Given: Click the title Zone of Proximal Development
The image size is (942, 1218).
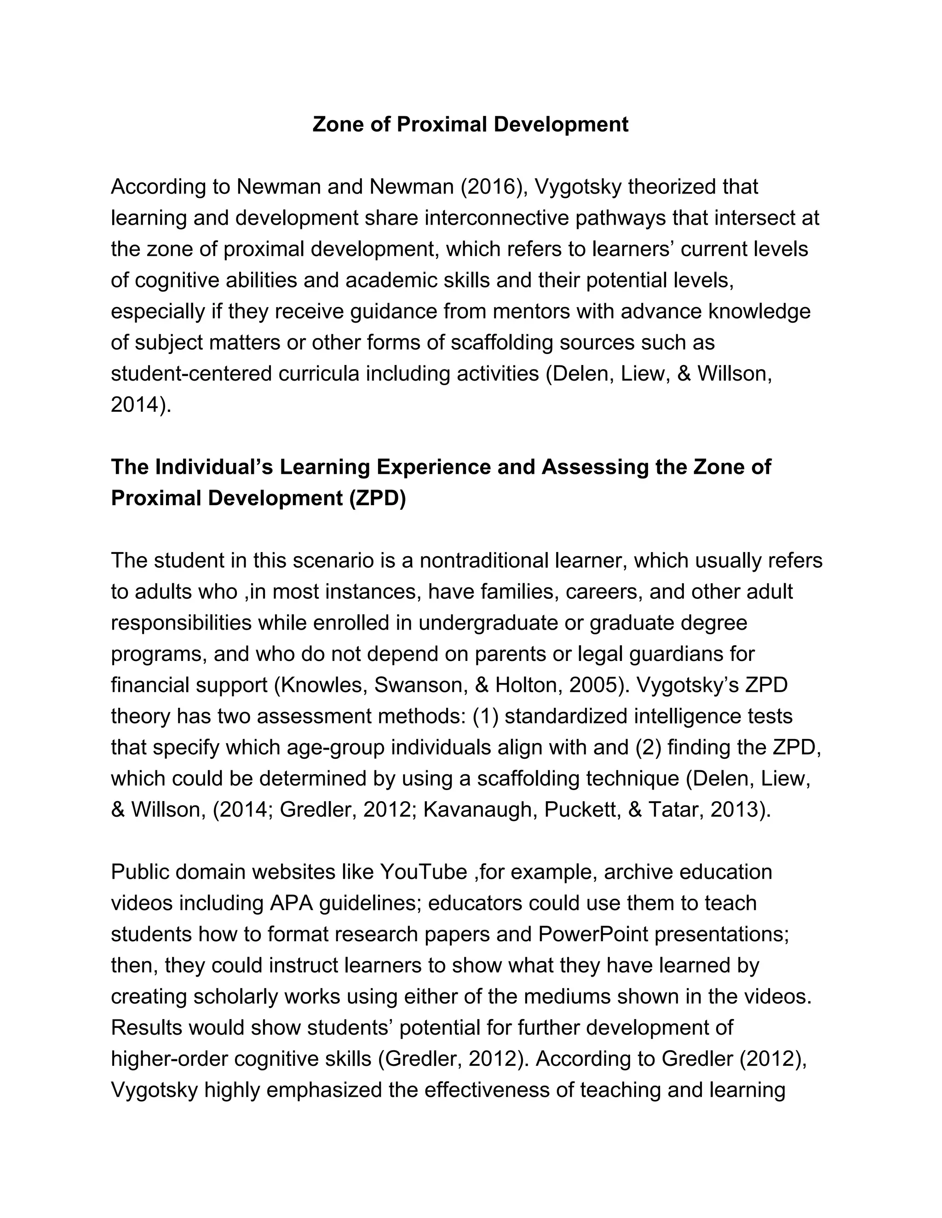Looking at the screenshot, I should pyautogui.click(x=470, y=125).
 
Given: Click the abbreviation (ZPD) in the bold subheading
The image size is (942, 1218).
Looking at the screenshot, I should pyautogui.click(x=378, y=498).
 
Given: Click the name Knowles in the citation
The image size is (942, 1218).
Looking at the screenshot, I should pyautogui.click(x=321, y=685).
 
